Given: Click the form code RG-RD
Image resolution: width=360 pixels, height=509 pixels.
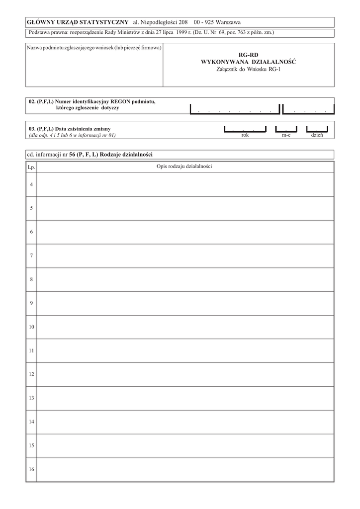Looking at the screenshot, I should click(249, 55).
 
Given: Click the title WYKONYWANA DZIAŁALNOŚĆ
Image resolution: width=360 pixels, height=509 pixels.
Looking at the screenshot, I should click(249, 62).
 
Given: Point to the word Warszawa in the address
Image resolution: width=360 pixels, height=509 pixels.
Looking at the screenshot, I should click(227, 22).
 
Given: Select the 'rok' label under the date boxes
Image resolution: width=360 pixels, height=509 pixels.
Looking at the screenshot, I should click(245, 135).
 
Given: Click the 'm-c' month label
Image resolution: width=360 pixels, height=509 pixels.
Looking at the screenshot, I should click(286, 135).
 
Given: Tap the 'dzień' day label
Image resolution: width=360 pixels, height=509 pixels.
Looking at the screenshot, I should click(317, 135).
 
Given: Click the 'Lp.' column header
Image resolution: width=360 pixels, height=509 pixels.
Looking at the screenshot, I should click(31, 167).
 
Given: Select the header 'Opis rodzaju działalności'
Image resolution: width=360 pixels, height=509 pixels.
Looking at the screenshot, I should click(184, 167).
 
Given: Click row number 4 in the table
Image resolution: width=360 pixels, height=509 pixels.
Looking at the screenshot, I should click(31, 184).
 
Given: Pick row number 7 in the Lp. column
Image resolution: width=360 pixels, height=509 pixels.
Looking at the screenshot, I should click(31, 255).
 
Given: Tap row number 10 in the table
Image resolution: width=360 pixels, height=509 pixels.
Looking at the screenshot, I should click(31, 327).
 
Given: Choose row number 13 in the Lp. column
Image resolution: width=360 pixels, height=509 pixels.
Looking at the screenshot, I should click(31, 398).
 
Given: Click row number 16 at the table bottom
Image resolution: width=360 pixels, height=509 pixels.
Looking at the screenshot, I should click(31, 470).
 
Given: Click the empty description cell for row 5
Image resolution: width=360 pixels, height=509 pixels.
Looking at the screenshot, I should click(185, 208).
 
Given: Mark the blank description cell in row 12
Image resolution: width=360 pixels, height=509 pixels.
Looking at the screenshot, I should click(185, 374).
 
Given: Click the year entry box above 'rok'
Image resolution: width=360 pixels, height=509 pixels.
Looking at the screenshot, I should click(245, 128).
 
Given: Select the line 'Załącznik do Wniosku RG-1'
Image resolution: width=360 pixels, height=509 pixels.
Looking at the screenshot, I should click(249, 69).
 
